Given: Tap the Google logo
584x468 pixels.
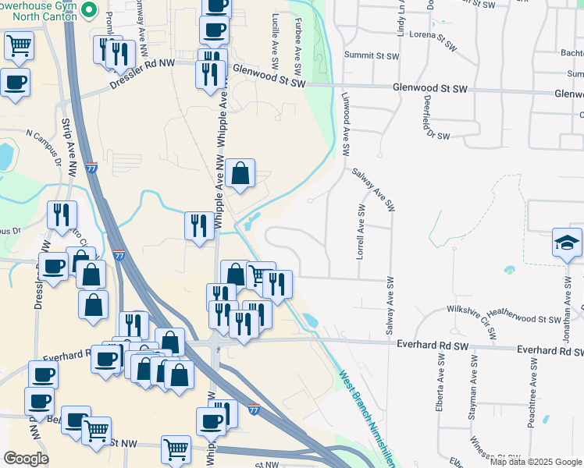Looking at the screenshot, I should [26, 459].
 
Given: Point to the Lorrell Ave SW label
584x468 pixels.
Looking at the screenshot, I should [361, 232].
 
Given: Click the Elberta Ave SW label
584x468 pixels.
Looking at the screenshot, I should [435, 382].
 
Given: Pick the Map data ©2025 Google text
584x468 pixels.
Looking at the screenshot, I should [536, 461].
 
